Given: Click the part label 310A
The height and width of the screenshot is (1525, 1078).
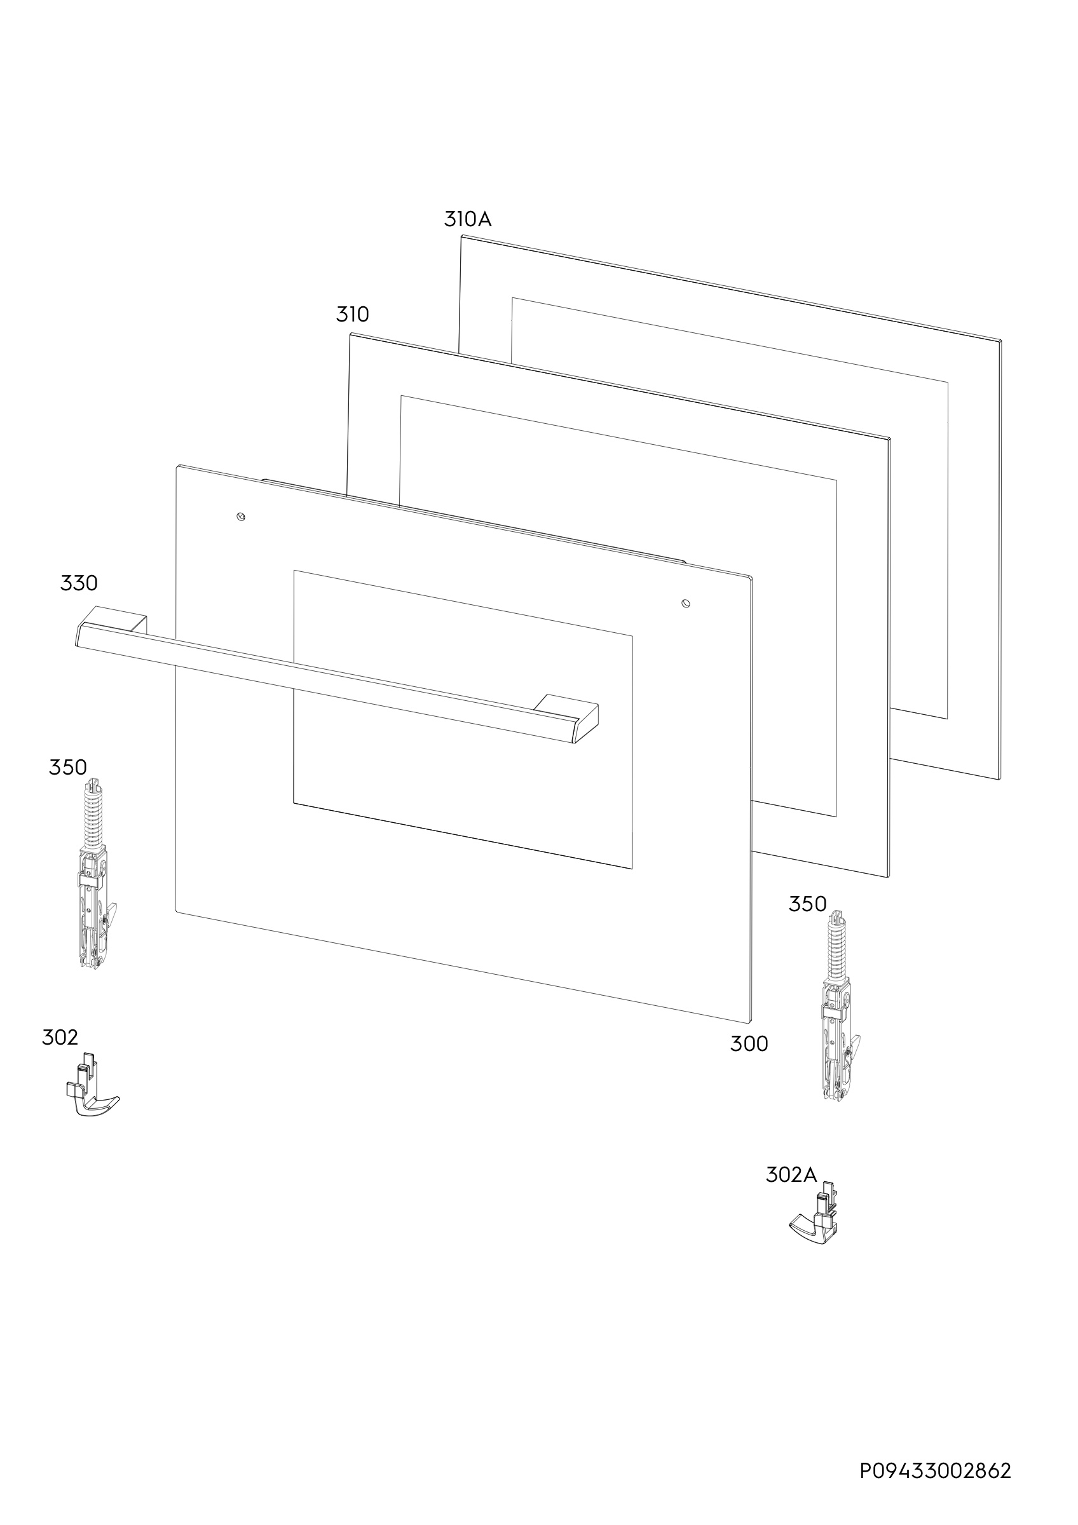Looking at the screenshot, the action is tap(468, 219).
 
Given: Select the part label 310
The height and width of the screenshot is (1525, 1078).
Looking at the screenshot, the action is tap(352, 314).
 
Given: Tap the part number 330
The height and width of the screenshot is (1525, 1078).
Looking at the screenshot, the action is tap(79, 583).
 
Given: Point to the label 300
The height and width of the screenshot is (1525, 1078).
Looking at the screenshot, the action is tap(749, 1044).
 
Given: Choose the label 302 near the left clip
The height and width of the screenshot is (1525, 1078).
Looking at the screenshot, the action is tap(60, 1038).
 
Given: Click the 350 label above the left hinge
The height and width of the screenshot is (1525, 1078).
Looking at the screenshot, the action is tap(68, 767).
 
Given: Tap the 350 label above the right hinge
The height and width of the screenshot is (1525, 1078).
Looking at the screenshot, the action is tap(808, 904).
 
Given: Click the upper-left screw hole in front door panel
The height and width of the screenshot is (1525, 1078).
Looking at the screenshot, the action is tap(241, 516).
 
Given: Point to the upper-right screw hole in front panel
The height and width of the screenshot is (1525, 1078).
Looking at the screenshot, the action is tap(686, 603).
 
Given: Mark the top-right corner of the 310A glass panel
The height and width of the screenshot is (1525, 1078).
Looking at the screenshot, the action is tap(1000, 341).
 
